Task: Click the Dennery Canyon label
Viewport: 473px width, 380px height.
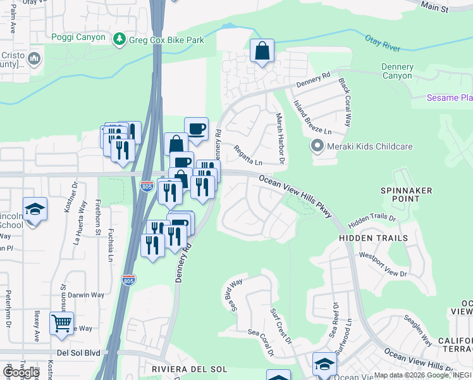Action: coord(397,72)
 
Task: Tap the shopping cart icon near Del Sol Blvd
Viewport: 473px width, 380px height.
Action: coord(61,324)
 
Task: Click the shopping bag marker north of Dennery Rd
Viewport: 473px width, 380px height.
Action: coord(262,51)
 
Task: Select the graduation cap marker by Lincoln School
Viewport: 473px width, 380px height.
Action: coord(35,210)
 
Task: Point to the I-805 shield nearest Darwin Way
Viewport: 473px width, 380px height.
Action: coord(128,279)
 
